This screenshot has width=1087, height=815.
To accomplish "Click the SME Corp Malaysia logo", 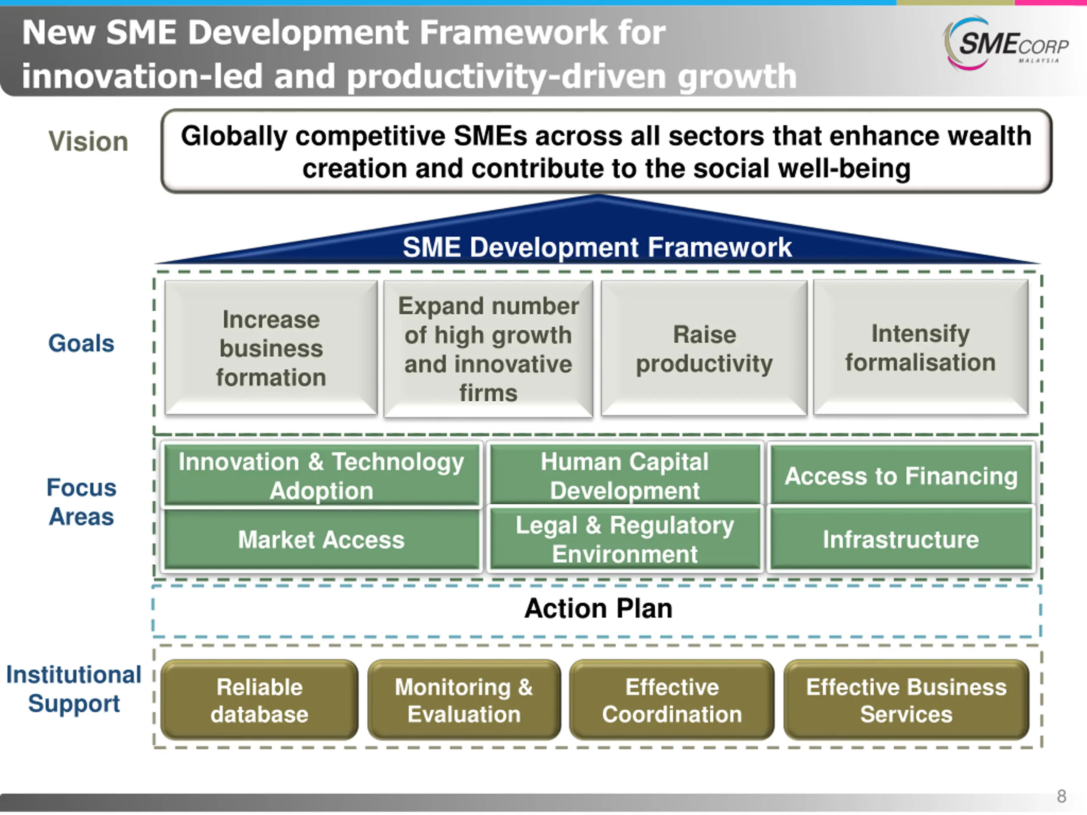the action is pyautogui.click(x=1005, y=44).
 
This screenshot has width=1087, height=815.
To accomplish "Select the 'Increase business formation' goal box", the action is pyautogui.click(x=271, y=348).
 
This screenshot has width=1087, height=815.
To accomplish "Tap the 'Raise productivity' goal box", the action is pyautogui.click(x=704, y=348).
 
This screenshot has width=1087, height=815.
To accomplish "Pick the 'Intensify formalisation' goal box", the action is pyautogui.click(x=921, y=347).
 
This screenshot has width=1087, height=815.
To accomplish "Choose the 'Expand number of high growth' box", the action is pyautogui.click(x=488, y=349).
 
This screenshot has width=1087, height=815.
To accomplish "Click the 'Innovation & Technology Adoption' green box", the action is pyautogui.click(x=321, y=475).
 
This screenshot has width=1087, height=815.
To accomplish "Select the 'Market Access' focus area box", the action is pyautogui.click(x=321, y=540).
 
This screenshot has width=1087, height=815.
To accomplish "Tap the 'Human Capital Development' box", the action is pyautogui.click(x=625, y=475).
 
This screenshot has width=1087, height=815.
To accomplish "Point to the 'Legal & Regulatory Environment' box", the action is pyautogui.click(x=625, y=540).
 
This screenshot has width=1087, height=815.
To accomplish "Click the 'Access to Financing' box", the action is pyautogui.click(x=901, y=475).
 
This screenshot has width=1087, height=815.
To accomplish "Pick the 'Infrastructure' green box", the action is pyautogui.click(x=901, y=540).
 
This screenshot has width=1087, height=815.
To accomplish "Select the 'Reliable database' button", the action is pyautogui.click(x=259, y=700).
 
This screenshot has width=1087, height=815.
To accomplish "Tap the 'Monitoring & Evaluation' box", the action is pyautogui.click(x=464, y=700).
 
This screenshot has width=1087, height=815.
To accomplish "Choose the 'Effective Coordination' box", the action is pyautogui.click(x=672, y=700).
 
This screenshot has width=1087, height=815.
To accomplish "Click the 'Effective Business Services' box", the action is pyautogui.click(x=906, y=700).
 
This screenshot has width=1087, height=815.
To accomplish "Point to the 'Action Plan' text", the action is pyautogui.click(x=598, y=609).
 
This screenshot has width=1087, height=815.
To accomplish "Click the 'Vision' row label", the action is pyautogui.click(x=88, y=141).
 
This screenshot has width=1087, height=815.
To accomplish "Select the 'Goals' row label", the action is pyautogui.click(x=81, y=343).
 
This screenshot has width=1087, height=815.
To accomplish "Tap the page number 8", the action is pyautogui.click(x=1062, y=796).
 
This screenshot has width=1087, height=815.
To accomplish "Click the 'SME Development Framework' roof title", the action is pyautogui.click(x=597, y=247).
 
